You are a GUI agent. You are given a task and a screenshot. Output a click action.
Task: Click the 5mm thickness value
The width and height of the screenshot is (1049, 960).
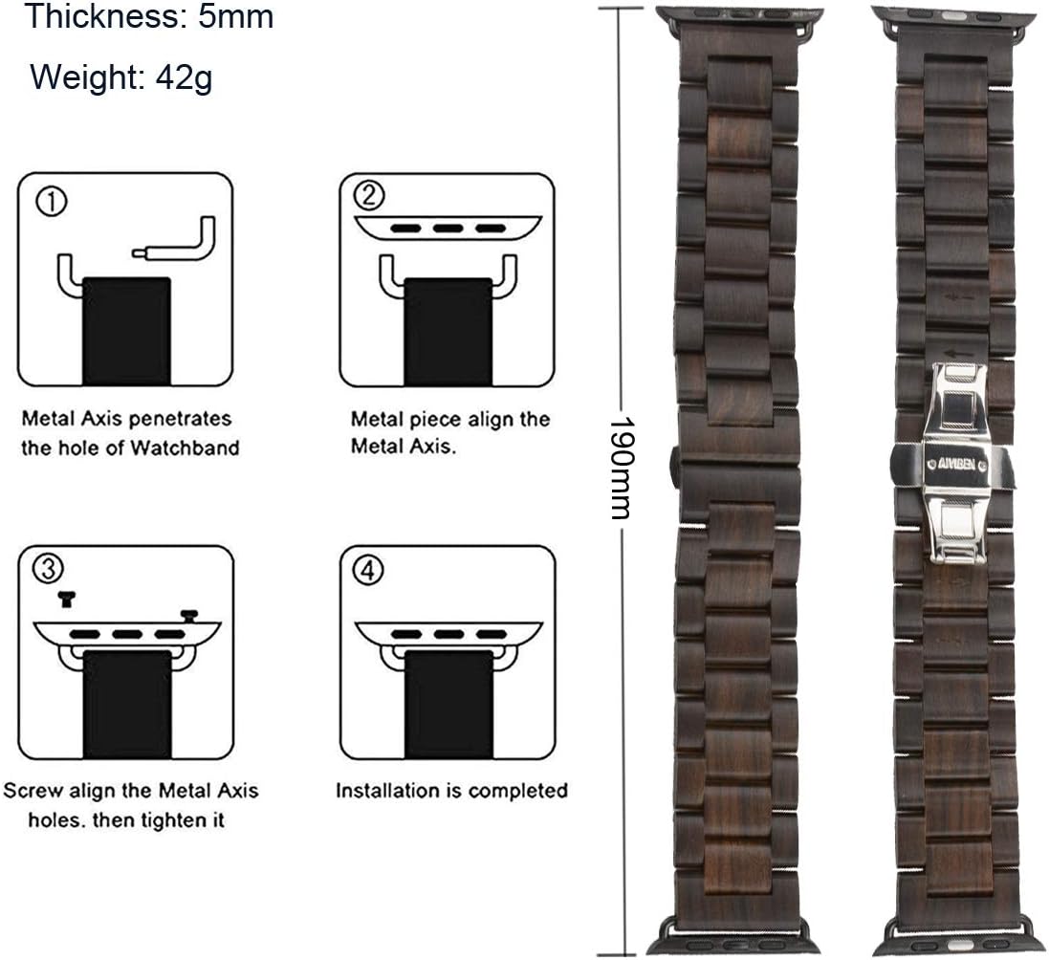coord(235,16)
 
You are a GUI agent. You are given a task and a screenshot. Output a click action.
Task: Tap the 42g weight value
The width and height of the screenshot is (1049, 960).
coord(184,77)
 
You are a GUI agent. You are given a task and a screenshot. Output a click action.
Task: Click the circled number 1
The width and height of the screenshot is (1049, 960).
coord(52,202)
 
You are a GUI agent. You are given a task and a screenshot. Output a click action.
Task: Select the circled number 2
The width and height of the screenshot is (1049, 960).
coord(368,196)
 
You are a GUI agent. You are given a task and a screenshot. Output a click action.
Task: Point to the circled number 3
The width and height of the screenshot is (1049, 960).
coord(48,569)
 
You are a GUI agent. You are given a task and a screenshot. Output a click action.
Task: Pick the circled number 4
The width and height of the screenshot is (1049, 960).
coord(368,571)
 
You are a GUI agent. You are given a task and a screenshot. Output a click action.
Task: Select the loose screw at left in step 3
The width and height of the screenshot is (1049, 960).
coord(66,599)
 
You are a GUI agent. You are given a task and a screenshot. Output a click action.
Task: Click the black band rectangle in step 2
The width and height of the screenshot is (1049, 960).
coord(448,332)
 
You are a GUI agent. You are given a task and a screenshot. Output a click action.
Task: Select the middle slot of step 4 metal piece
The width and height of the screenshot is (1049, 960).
coord(448,634)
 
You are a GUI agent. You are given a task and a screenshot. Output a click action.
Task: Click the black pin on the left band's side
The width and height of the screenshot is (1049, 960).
coord(674,462)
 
